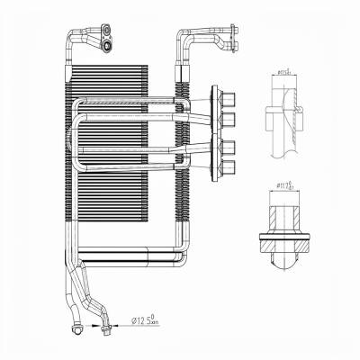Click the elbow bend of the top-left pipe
click(70, 38)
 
